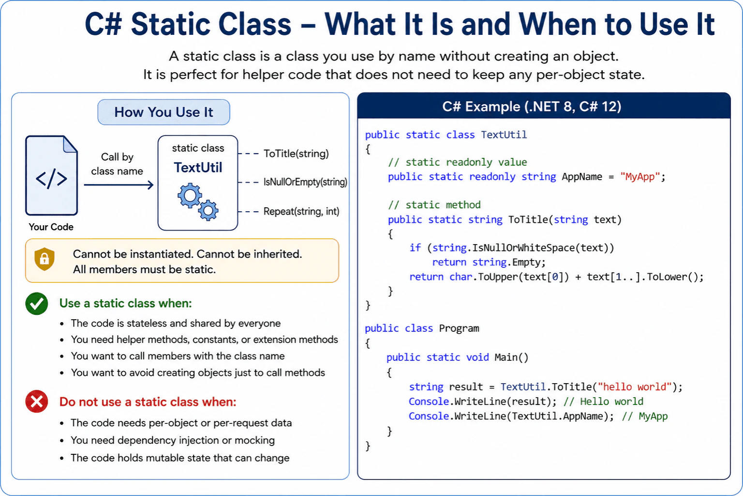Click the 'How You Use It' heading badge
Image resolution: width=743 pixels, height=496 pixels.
[163, 112]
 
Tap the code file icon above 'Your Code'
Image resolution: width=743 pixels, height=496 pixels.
[52, 175]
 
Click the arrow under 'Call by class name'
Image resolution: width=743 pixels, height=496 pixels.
[119, 185]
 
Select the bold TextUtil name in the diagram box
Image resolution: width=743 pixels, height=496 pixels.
[198, 168]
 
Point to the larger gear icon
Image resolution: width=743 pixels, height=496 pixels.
[190, 196]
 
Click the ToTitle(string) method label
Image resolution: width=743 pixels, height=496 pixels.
[296, 154]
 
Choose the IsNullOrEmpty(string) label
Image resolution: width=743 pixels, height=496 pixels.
[305, 182]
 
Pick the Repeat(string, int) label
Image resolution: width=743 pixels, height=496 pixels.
[301, 211]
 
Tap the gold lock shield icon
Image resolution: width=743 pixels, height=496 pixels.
[45, 259]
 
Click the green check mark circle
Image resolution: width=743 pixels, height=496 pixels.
[36, 304]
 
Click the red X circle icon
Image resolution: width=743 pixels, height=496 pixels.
[36, 402]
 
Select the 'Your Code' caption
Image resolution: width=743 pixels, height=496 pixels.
[51, 227]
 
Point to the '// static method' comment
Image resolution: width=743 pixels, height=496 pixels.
[434, 204]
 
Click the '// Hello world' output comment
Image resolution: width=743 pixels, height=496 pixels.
[603, 402]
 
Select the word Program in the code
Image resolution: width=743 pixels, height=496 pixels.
[459, 328]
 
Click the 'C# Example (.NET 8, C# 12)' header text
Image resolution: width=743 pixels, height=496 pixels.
[532, 107]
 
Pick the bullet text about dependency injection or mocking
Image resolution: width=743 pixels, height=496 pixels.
[173, 440]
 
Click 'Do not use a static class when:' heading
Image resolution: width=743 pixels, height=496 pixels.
[148, 402]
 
